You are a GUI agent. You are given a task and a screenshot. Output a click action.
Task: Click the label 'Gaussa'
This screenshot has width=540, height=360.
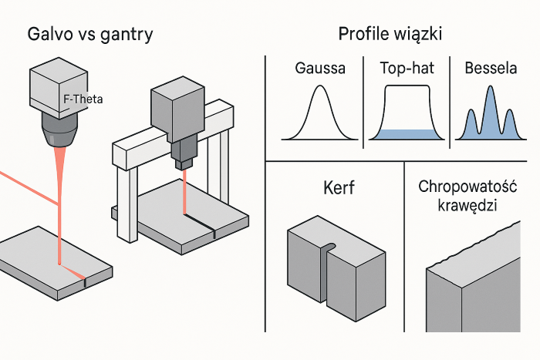click(320, 68)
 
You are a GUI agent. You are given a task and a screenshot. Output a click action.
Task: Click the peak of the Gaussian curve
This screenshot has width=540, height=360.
click(320, 88)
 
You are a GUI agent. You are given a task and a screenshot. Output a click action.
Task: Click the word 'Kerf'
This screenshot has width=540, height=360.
click(335, 188)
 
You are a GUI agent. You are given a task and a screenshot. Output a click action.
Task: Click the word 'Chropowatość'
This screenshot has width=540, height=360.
click(467, 187)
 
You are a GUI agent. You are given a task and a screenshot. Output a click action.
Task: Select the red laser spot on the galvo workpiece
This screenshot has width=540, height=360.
click(60, 264)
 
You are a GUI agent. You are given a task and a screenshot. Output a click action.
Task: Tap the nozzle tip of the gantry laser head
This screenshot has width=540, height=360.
click(184, 164)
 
